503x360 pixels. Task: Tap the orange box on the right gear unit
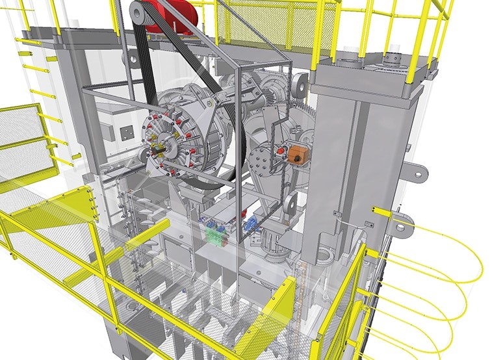[300, 155]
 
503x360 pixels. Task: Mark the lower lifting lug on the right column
[404, 224]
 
